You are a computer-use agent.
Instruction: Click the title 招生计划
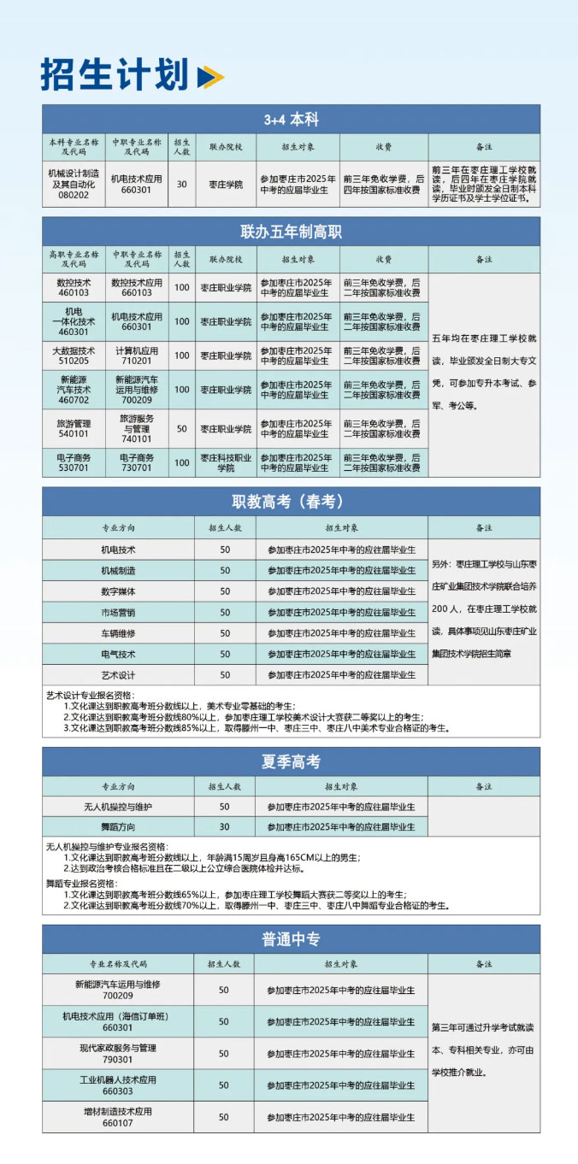[114, 74]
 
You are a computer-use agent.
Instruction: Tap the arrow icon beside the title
[209, 77]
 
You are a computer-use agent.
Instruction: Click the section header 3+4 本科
[291, 120]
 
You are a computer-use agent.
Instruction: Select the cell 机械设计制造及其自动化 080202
[74, 183]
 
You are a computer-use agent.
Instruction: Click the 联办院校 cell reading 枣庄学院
[226, 184]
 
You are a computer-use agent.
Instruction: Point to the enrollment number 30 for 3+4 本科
[181, 184]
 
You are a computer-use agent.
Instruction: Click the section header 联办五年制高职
[291, 232]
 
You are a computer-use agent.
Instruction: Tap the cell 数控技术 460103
[74, 287]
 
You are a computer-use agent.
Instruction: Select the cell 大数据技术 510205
[74, 356]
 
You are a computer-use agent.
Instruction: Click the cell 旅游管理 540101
[74, 428]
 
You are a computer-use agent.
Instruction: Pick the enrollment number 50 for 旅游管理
[181, 428]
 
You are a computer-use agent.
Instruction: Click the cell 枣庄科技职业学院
[226, 462]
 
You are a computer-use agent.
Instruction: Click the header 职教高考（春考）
[291, 502]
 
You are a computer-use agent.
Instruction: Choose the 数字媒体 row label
[118, 591]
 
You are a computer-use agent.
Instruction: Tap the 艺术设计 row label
[118, 674]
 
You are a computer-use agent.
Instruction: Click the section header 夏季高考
[291, 761]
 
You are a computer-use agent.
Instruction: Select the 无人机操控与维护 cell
[118, 806]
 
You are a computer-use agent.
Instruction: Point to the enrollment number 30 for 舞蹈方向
[224, 826]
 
